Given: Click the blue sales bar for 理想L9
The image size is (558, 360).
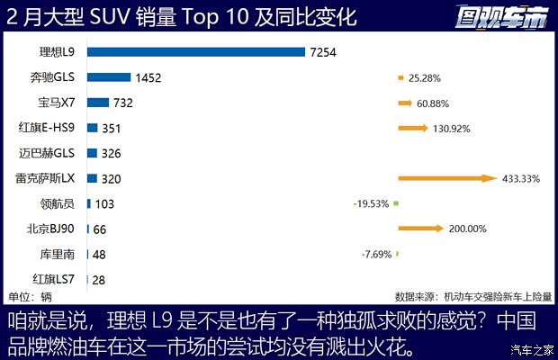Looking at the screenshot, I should [195, 52].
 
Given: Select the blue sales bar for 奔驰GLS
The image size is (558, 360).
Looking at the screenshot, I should [109, 77].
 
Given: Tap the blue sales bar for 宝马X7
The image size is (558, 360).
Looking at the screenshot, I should [98, 103].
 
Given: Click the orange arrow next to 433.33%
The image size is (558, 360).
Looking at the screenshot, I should [447, 178].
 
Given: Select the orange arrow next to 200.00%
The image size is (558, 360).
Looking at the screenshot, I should [421, 229].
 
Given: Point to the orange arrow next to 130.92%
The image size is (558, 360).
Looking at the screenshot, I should [413, 128].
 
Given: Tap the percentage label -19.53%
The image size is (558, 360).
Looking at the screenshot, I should [372, 203].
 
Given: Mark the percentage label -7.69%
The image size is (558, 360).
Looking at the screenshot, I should [377, 254].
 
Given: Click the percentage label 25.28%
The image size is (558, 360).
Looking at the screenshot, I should [427, 77].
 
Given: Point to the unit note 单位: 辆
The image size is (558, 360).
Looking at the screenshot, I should [30, 296].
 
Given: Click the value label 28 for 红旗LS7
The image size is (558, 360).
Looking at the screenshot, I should [98, 279].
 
